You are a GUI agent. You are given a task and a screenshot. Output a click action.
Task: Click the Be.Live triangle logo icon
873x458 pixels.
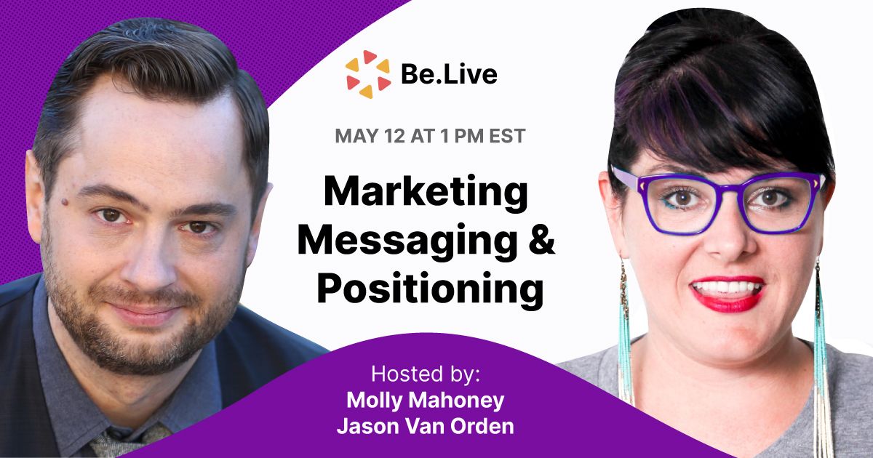[x=368, y=74]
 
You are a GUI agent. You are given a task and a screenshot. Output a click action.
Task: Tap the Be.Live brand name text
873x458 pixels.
[x=449, y=74]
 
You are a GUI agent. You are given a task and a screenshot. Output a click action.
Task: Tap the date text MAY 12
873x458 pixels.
[x=370, y=137]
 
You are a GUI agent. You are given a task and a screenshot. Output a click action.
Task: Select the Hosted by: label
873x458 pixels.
[x=426, y=374]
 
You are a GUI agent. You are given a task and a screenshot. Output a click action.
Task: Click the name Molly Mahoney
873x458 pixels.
[x=425, y=401]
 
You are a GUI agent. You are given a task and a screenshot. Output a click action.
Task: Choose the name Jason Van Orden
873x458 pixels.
[x=425, y=427]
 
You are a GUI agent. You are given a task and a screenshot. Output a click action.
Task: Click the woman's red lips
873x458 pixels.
[x=727, y=294]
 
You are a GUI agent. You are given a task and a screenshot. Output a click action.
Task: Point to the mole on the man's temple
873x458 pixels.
[x=64, y=202]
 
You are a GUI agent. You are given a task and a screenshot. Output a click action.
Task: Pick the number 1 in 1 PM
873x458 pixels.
[x=445, y=137]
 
